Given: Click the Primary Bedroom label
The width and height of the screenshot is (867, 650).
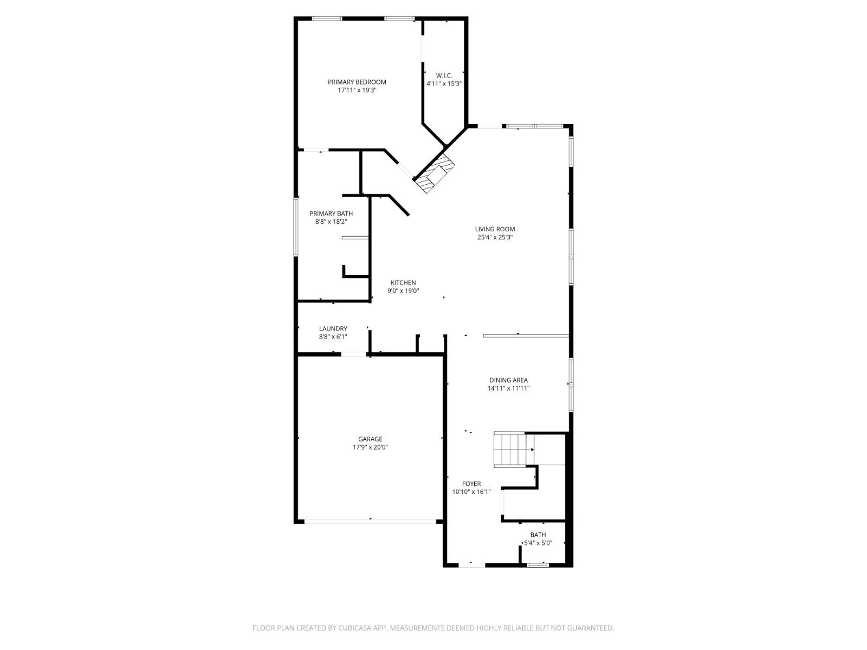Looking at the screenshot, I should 357,82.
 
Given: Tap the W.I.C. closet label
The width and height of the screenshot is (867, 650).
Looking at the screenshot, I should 444,75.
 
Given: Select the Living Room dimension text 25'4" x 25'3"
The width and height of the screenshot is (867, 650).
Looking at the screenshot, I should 495,237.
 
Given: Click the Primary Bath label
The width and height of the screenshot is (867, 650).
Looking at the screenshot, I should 331,213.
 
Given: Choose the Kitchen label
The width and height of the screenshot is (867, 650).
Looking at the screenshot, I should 403,283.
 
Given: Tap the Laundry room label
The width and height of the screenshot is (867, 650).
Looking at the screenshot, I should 333,329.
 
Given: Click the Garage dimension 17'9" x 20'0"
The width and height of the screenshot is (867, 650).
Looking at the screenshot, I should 370,447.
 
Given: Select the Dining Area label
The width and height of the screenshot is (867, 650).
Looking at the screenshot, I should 508,380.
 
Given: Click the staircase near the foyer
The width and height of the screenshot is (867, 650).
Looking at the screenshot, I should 509,450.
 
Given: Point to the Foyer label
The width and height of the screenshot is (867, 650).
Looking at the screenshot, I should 471,484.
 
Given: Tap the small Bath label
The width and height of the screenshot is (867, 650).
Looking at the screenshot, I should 538,535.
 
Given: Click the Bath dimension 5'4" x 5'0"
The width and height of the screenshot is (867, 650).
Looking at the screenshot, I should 538,543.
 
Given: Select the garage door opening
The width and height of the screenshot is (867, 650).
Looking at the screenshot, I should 370,522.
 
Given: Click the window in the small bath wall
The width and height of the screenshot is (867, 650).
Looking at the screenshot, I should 538,565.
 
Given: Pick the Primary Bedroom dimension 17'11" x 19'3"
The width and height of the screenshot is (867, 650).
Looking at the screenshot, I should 357,90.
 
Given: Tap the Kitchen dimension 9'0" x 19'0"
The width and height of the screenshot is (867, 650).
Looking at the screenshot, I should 403,291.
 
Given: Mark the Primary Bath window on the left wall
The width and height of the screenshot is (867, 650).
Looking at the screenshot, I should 296,226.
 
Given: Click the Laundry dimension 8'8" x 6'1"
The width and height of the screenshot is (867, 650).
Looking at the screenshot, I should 333,337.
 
